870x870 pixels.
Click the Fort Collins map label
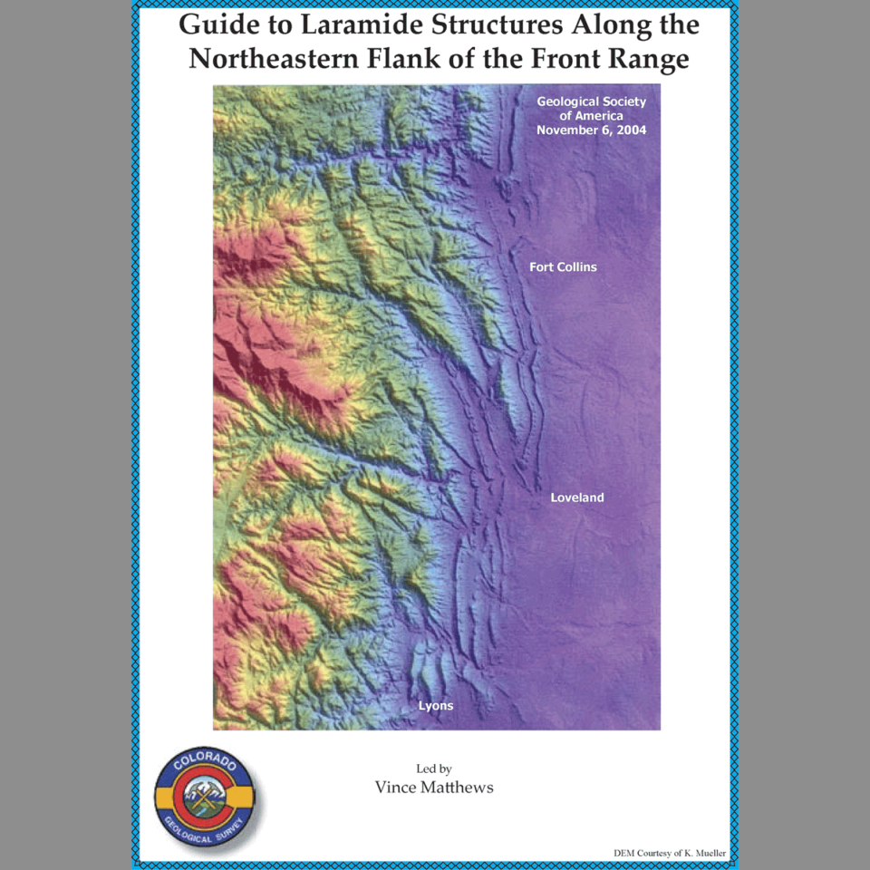[563, 267]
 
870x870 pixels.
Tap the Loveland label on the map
[576, 498]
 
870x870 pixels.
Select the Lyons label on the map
[435, 705]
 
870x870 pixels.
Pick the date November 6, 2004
[591, 130]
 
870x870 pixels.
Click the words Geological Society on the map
[591, 101]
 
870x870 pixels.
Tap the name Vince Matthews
[434, 787]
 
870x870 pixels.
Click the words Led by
[434, 768]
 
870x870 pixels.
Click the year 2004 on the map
[629, 130]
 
